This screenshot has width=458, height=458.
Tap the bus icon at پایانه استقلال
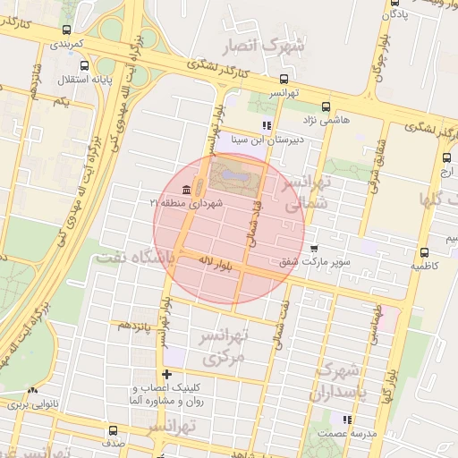coord(85,66)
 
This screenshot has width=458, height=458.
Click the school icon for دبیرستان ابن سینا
coord(266,125)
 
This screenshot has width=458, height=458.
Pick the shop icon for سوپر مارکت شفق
coord(314,250)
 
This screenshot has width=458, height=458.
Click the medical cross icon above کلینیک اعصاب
coord(165,374)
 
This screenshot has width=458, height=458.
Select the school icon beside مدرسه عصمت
coord(346,419)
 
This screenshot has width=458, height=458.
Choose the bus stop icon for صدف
coord(113,430)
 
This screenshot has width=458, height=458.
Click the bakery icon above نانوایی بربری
coord(33,390)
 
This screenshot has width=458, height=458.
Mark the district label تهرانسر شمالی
coord(304,194)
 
